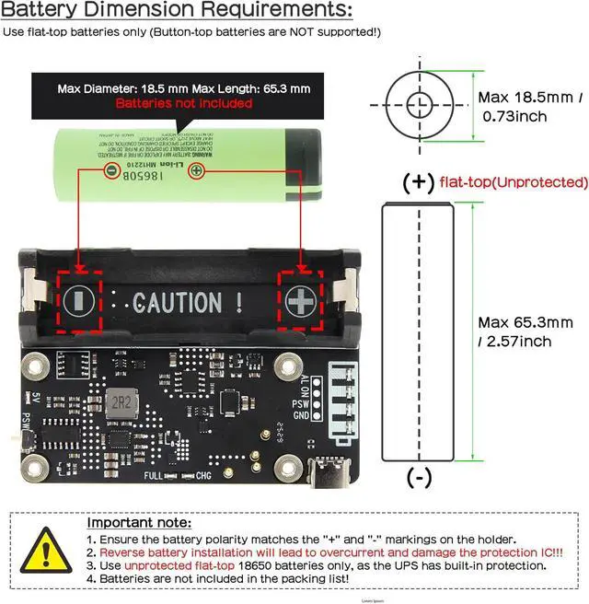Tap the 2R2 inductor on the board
(119, 402)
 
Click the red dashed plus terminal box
(299, 300)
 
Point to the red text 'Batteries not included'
(184, 103)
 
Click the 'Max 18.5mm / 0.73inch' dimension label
(529, 107)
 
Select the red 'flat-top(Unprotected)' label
(514, 181)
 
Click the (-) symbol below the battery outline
(420, 477)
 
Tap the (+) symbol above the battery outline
(419, 181)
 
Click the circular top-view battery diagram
(420, 106)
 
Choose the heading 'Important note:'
(139, 523)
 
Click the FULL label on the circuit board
(154, 475)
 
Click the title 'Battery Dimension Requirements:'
(178, 11)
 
